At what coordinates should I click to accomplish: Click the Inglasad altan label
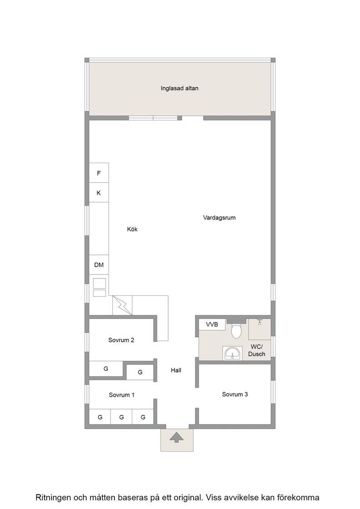point(180,88)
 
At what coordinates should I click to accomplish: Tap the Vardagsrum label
point(220,218)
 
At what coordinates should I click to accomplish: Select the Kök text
point(132,229)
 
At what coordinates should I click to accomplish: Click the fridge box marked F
point(99,173)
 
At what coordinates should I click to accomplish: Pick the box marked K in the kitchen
point(99,193)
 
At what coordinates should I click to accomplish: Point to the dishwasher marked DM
point(99,265)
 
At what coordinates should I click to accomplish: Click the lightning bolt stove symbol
point(123,305)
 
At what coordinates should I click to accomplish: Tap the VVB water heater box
point(212,324)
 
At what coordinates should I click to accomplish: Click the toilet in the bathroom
point(236,330)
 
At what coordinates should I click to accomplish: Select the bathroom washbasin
point(232,353)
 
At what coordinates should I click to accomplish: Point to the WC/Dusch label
point(257,350)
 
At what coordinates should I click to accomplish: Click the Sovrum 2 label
point(121,340)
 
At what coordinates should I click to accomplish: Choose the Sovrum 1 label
point(122,395)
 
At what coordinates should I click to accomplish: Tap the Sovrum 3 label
point(235,394)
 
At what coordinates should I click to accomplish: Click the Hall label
point(176,370)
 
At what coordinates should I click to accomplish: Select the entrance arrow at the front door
point(177,438)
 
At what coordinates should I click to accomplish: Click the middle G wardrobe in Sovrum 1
point(121,417)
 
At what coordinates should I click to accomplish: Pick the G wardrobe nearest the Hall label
point(140,372)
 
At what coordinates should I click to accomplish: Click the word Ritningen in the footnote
point(52,498)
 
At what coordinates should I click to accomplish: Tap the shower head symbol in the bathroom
point(260,322)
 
